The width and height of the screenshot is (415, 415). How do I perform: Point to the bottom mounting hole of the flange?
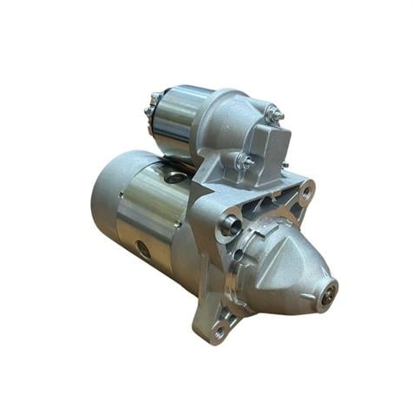[x=220, y=331]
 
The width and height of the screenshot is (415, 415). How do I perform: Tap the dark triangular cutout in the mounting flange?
[x=261, y=204]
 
